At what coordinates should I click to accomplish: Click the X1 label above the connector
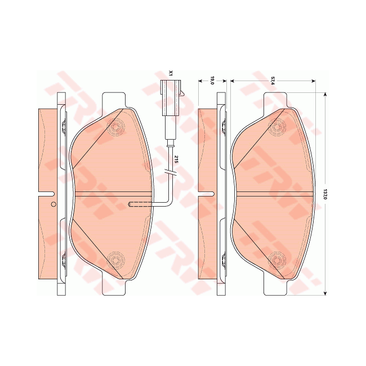[171, 74]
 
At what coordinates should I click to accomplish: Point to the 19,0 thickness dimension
[212, 81]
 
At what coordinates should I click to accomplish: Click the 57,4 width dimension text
[273, 81]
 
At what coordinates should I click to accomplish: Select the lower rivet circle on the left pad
[117, 260]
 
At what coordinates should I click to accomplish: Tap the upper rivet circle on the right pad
[276, 128]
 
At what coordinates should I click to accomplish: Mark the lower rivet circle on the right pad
[276, 260]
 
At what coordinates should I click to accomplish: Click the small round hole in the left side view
[53, 204]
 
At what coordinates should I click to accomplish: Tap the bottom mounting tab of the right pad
[275, 287]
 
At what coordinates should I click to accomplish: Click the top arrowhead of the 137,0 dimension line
[324, 93]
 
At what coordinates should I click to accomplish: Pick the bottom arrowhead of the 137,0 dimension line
[324, 293]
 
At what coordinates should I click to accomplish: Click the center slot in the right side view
[207, 194]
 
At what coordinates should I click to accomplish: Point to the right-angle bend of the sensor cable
[170, 203]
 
